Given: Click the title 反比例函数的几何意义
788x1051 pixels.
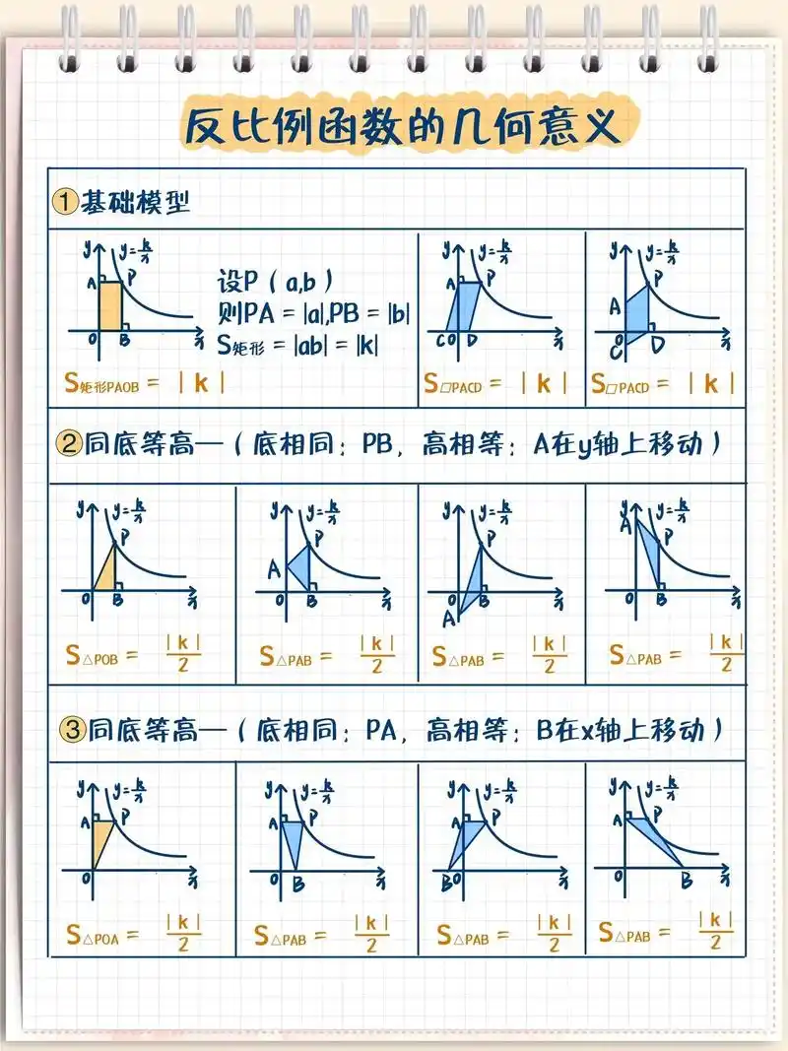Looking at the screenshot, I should (x=403, y=127).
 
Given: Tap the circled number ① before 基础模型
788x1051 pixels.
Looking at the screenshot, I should (x=64, y=203).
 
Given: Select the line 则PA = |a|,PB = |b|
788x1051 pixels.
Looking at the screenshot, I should (x=313, y=313).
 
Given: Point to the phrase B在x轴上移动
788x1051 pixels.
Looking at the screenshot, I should (x=623, y=730).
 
